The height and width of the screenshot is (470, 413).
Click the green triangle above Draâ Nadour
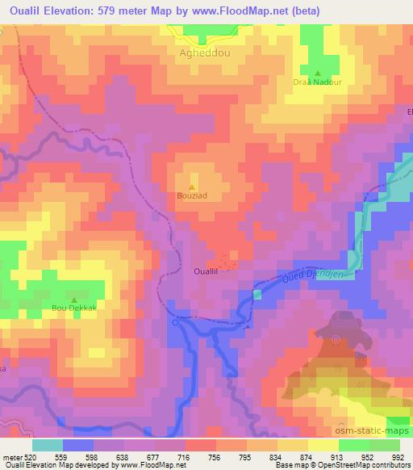(x=317, y=73)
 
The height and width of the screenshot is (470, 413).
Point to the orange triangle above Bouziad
(x=191, y=186)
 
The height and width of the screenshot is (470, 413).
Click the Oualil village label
(x=206, y=272)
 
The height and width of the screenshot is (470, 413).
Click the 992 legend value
(x=396, y=455)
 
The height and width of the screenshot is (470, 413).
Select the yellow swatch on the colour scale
(x=323, y=445)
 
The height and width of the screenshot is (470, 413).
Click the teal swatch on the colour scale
(x=47, y=445)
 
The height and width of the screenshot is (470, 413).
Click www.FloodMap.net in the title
(x=248, y=10)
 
